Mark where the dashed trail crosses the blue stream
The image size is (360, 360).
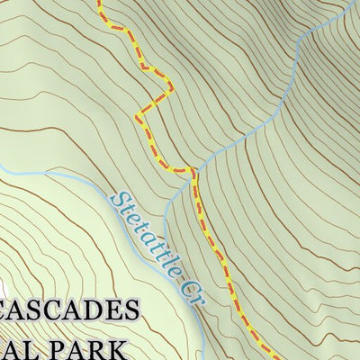(x=192, y=168)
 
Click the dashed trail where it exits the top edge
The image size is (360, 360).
(x=99, y=3)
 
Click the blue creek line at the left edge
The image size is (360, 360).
(x=3, y=167)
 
